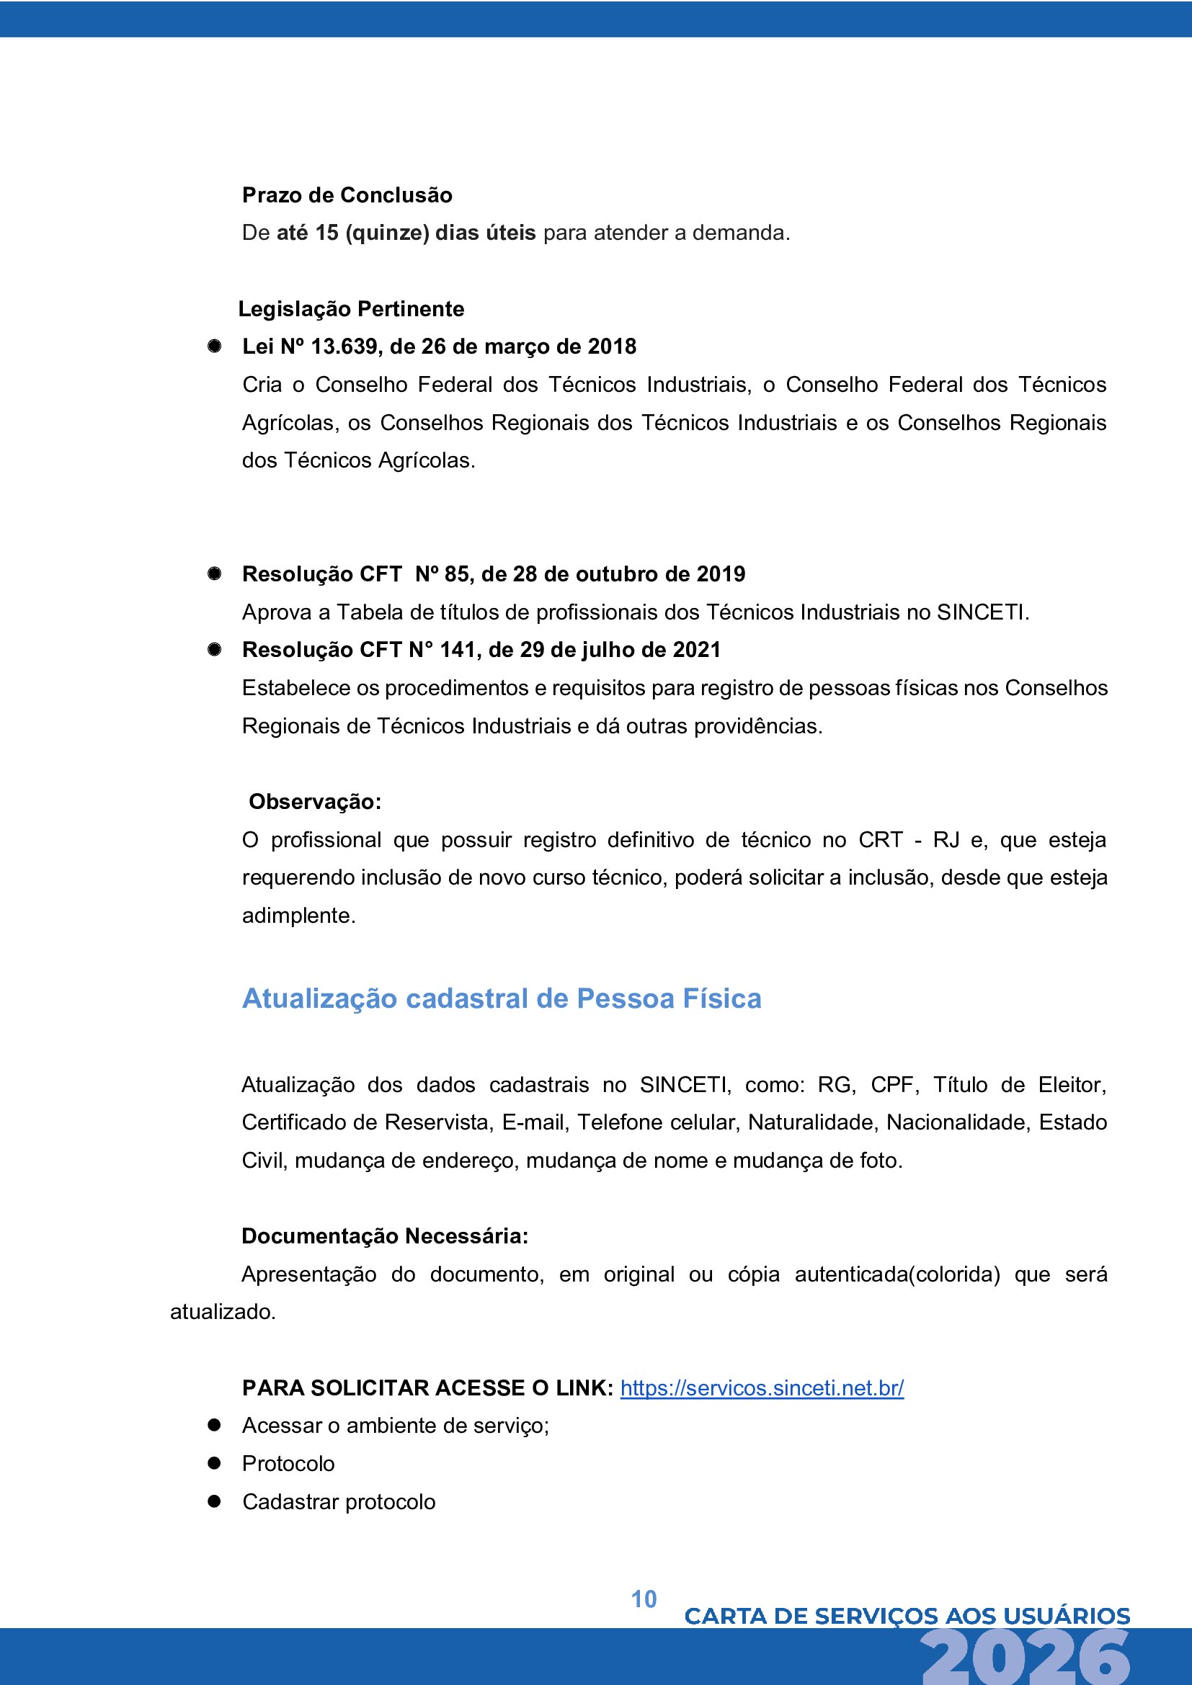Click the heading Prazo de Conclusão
pyautogui.click(x=347, y=195)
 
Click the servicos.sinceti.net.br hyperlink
pyautogui.click(x=762, y=1387)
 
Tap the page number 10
pyautogui.click(x=644, y=1599)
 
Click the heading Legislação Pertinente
pyautogui.click(x=351, y=309)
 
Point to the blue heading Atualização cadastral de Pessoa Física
pyautogui.click(x=502, y=998)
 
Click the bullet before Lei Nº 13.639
pyautogui.click(x=214, y=347)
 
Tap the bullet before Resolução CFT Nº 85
pyautogui.click(x=214, y=574)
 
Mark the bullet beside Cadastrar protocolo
pyautogui.click(x=214, y=1501)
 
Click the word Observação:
pyautogui.click(x=315, y=801)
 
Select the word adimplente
pyautogui.click(x=298, y=916)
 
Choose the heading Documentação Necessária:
pyautogui.click(x=385, y=1236)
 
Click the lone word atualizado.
pyautogui.click(x=223, y=1311)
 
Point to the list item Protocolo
pyautogui.click(x=288, y=1463)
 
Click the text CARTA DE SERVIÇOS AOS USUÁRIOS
pyautogui.click(x=907, y=1616)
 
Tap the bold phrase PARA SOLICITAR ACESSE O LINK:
pyautogui.click(x=427, y=1387)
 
